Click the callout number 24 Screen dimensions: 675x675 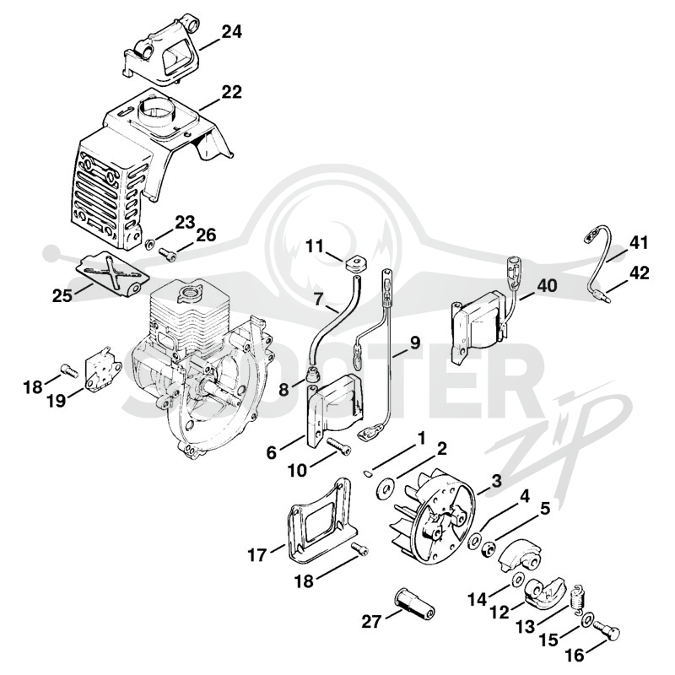[x=231, y=31]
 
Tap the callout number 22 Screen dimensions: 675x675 [x=231, y=92]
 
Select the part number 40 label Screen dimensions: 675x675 [x=547, y=285]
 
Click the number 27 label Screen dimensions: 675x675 [x=371, y=622]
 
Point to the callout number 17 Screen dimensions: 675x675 [x=257, y=555]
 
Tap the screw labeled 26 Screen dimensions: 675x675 [x=168, y=255]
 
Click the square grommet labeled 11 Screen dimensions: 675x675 [x=355, y=262]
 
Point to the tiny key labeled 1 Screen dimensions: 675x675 [x=366, y=473]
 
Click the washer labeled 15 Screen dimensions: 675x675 [x=586, y=620]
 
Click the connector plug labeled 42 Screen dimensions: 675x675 [x=602, y=296]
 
